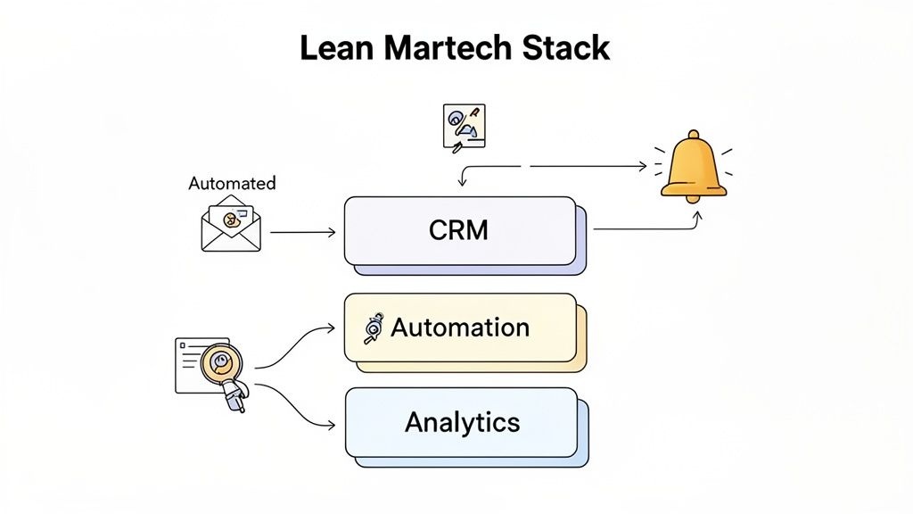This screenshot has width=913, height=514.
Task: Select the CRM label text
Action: point(458,229)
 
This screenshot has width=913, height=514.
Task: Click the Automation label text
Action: point(460,327)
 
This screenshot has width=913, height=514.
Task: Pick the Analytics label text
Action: point(462,421)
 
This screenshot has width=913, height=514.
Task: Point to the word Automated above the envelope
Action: point(232,183)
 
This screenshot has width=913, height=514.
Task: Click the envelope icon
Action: point(231,223)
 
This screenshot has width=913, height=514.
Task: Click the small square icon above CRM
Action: point(464,126)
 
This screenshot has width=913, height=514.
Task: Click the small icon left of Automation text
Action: point(373,328)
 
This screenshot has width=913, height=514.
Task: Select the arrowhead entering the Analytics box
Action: point(332,422)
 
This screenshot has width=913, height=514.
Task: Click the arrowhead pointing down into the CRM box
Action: point(461,184)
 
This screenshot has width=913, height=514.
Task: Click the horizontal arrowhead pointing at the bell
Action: point(642,166)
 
